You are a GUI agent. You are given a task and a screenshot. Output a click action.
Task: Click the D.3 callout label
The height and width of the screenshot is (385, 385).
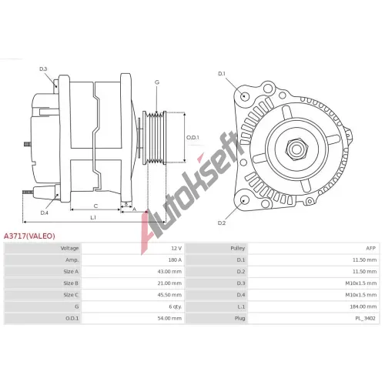[43, 69]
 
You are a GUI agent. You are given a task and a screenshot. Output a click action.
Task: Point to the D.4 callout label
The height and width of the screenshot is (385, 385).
[45, 213]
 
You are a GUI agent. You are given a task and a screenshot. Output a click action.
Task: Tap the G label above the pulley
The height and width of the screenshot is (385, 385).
[157, 82]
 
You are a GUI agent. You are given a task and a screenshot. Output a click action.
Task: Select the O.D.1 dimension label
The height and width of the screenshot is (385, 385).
[192, 137]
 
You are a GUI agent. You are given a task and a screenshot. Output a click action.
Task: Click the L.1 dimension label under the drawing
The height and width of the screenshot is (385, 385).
[93, 217]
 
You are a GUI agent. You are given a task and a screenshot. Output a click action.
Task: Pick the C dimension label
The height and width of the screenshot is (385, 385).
[95, 206]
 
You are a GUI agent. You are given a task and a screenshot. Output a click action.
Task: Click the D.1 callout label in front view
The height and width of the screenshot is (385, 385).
[222, 74]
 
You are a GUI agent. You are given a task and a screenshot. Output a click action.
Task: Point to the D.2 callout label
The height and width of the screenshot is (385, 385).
[222, 223]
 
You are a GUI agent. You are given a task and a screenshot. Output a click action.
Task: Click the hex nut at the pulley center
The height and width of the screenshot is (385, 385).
[296, 149]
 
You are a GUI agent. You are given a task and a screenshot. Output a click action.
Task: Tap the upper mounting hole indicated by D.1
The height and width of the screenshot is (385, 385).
[244, 96]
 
